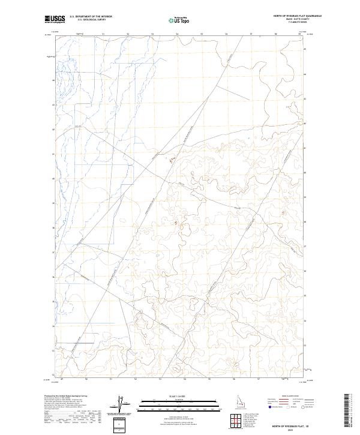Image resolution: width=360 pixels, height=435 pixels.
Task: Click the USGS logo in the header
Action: click(x=56, y=19)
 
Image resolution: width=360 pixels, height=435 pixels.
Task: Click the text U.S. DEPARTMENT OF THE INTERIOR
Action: click(x=91, y=17)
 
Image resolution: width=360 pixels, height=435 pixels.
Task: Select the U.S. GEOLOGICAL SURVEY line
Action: click(x=88, y=20)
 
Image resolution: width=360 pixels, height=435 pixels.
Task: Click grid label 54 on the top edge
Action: click(x=177, y=34)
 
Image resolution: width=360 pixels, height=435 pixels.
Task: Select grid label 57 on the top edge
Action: click(x=250, y=34)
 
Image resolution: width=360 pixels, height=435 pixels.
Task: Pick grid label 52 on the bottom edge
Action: click(x=136, y=379)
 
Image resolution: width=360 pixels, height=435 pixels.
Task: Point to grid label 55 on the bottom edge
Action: click(x=209, y=379)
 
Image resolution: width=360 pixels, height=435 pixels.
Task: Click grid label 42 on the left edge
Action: click(x=54, y=129)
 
